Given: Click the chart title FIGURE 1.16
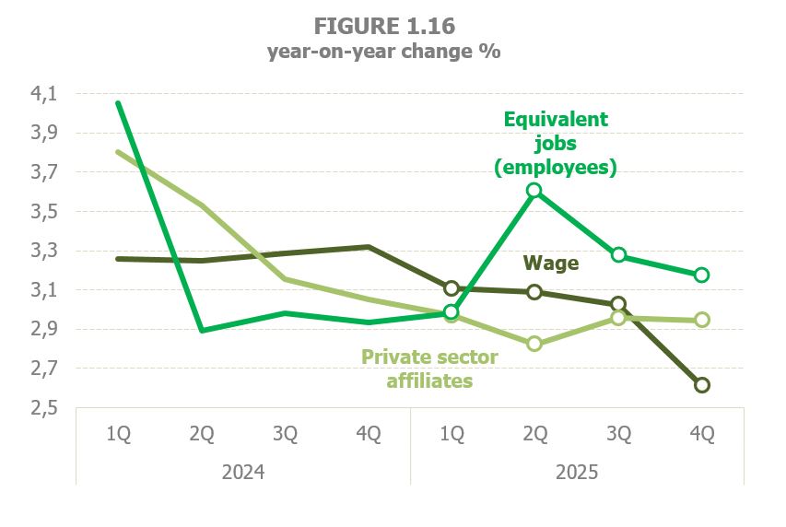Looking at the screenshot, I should tap(383, 24).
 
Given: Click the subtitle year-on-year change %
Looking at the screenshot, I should tap(383, 52).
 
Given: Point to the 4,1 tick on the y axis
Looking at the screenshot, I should tap(44, 94).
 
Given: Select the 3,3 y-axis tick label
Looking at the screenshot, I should tap(44, 252).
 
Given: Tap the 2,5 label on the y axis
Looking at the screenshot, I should tap(44, 408).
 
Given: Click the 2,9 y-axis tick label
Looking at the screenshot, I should tap(44, 330).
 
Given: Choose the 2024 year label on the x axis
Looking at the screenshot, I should tap(243, 473).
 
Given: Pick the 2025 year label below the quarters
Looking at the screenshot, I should tap(577, 473).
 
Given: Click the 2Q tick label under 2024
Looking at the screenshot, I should tap(202, 434).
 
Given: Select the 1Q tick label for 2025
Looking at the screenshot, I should tap(452, 434).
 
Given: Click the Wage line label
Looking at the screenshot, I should tap(551, 263).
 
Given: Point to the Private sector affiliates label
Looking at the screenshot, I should tap(429, 368).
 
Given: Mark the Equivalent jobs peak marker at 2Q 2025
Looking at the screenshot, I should tap(534, 191).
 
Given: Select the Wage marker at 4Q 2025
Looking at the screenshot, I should tap(701, 385).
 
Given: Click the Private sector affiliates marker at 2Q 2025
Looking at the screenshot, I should tap(534, 344).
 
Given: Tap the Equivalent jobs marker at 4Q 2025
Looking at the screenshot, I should tap(701, 275).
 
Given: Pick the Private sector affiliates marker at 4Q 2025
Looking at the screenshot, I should tap(701, 320).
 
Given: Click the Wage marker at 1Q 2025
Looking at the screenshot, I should tap(452, 288).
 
